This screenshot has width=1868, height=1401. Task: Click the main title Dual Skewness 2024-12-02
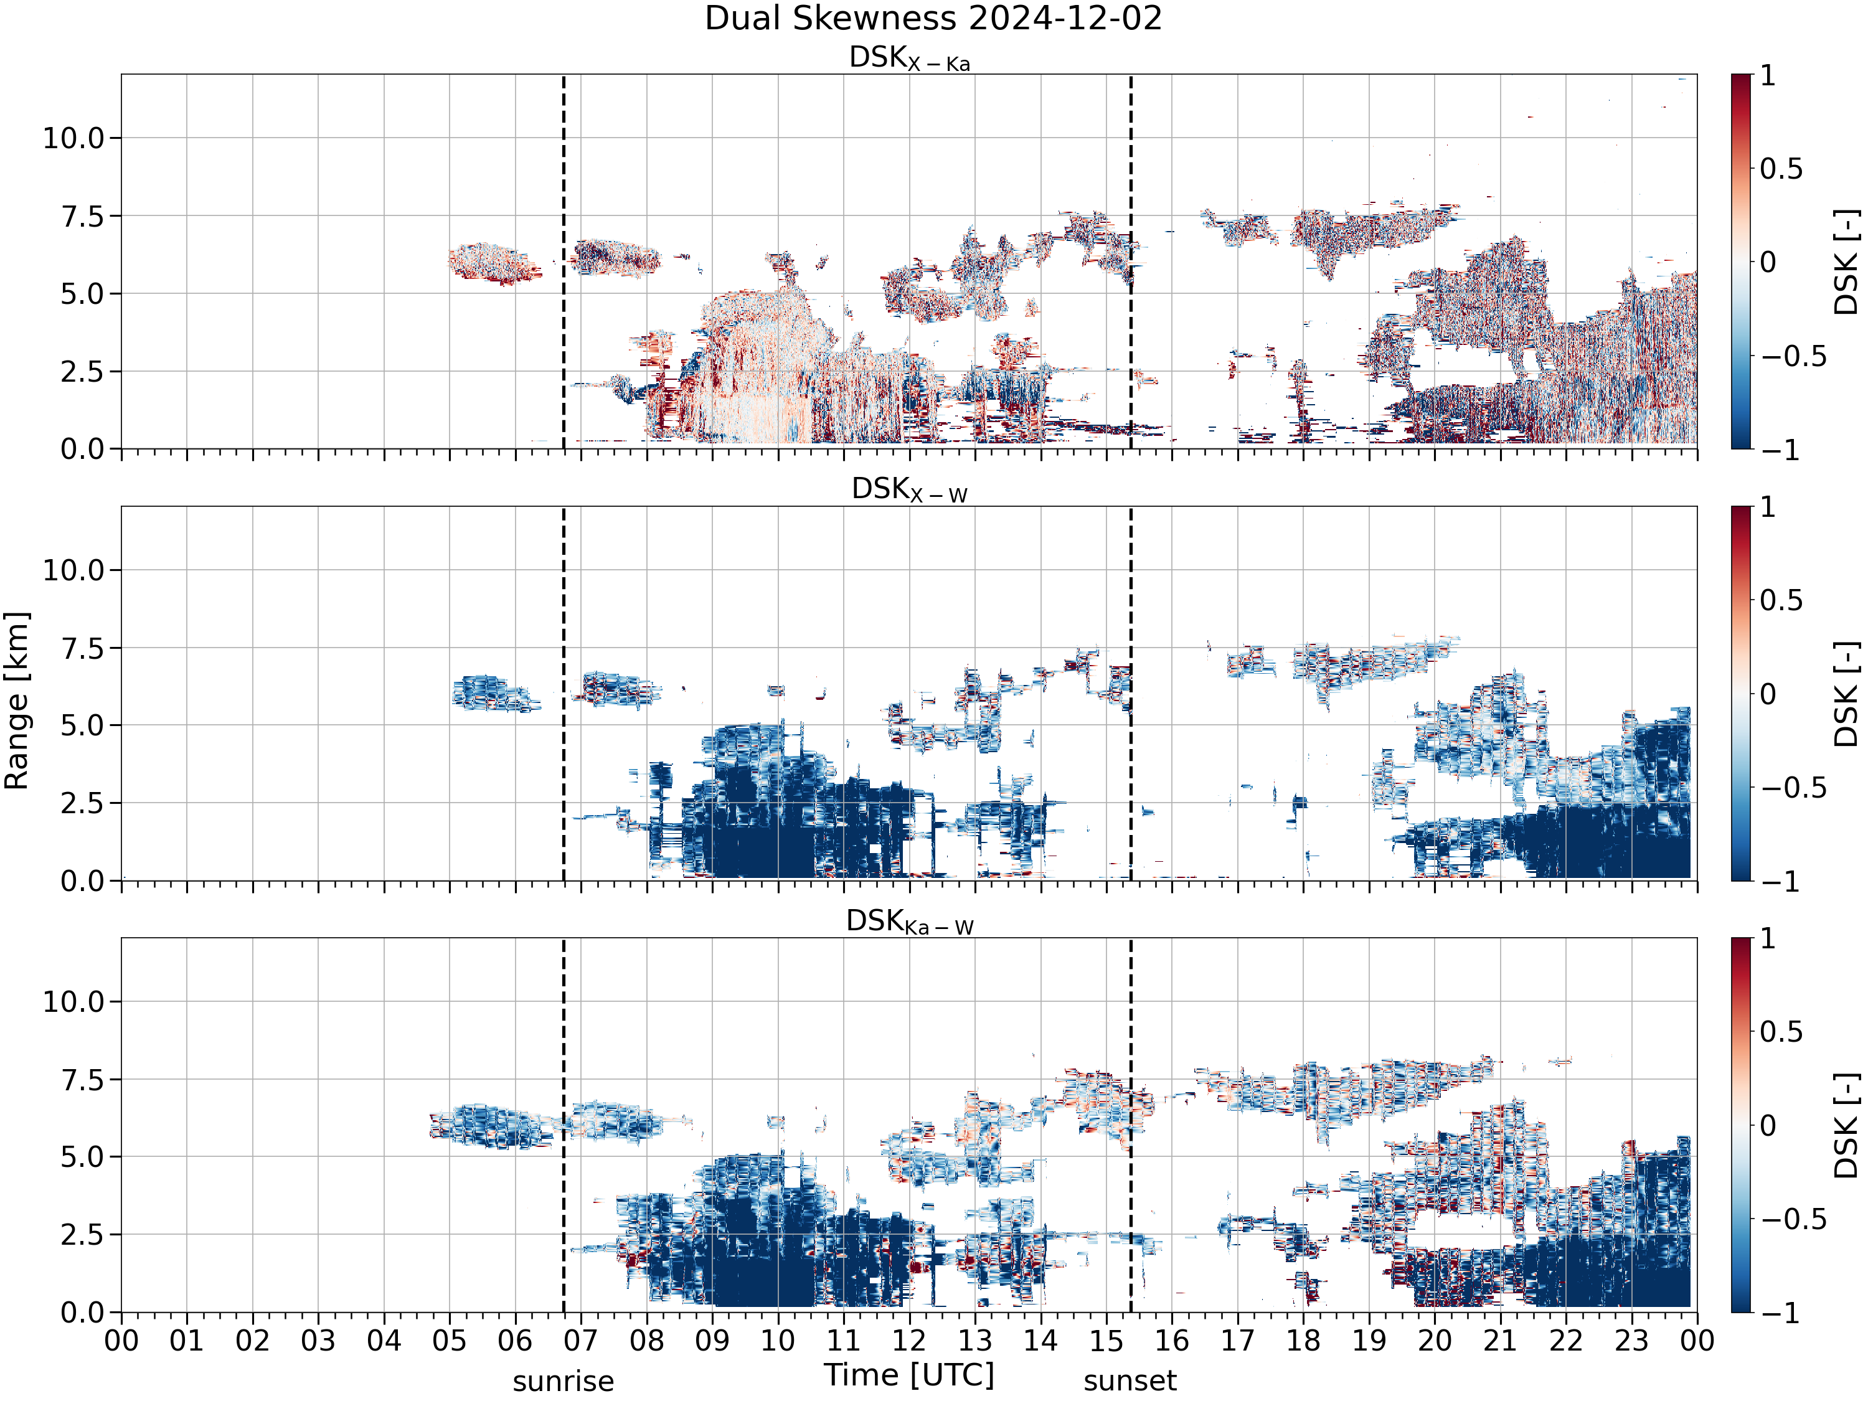coord(933,19)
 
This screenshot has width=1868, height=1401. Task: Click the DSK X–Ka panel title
coord(910,59)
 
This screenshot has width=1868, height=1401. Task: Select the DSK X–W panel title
coord(910,490)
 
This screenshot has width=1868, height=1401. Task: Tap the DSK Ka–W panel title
coord(910,922)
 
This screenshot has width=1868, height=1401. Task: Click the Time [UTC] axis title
coord(910,1375)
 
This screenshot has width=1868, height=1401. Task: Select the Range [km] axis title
coord(17,701)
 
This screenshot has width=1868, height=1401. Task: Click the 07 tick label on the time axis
coord(581,1340)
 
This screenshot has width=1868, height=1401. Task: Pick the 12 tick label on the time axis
coord(910,1340)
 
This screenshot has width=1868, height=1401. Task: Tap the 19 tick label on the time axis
coord(1369,1340)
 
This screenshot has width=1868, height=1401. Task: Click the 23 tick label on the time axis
coord(1631,1340)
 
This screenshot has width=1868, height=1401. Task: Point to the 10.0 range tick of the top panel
coord(73,138)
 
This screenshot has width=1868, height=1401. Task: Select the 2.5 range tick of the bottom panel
coord(83,1235)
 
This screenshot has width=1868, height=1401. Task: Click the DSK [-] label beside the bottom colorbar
coord(1847,1126)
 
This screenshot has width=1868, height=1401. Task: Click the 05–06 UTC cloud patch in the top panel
coord(494,263)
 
